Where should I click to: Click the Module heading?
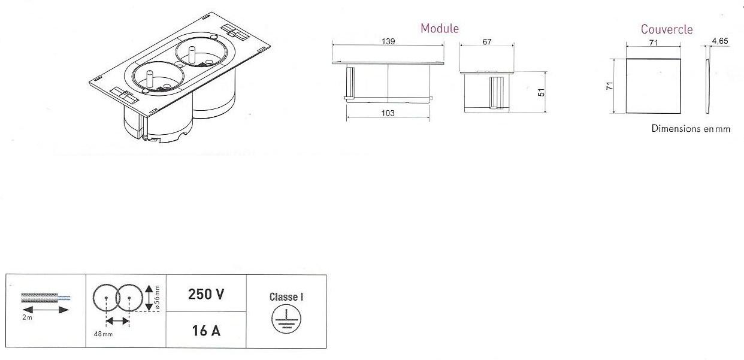440,29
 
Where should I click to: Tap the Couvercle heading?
667,29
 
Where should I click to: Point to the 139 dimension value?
388,41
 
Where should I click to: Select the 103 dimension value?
388,113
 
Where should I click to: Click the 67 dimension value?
487,42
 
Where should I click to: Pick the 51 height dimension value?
541,92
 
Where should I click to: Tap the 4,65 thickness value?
720,41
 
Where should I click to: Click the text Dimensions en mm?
691,129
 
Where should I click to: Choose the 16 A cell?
206,331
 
